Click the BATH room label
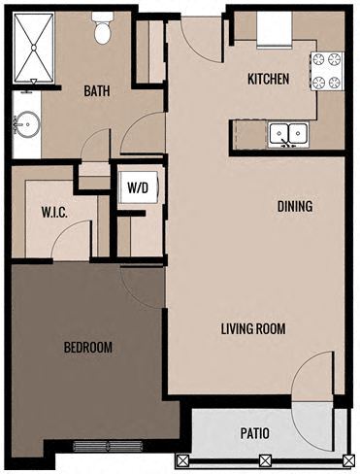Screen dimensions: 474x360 pos(96,91)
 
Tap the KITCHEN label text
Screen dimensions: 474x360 pos(268,80)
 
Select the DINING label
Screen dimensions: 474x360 pos(294,206)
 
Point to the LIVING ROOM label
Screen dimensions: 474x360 pos(252,328)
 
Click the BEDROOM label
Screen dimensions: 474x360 pos(87,348)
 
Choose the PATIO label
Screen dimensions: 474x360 pos(254,434)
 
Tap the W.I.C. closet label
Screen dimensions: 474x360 pos(52,210)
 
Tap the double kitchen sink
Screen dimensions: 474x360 pos(287,133)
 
